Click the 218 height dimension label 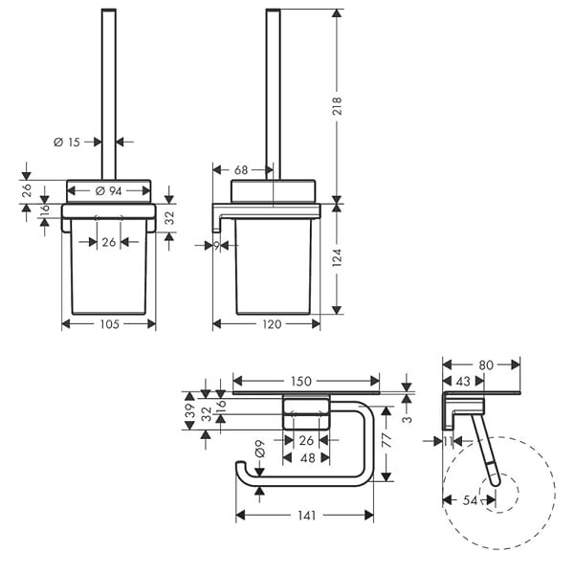[337, 106]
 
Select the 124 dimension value [337, 257]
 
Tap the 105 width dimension [109, 324]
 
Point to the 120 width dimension [272, 324]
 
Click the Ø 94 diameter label [108, 190]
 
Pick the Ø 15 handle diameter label [67, 142]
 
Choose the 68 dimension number [241, 170]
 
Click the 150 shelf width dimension [301, 382]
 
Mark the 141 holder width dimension [306, 516]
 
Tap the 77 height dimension [386, 439]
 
